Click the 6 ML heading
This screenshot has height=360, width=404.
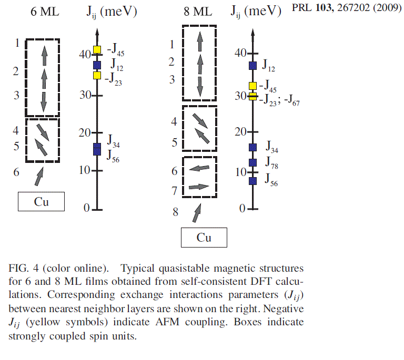point(41,12)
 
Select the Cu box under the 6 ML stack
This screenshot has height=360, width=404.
point(41,201)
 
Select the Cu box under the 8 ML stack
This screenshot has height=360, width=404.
point(204,238)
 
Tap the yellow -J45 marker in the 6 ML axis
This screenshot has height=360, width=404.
point(97,50)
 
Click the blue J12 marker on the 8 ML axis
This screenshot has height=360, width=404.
point(252,65)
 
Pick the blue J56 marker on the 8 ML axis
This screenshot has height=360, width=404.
point(252,181)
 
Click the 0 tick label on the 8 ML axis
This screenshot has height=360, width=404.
point(242,209)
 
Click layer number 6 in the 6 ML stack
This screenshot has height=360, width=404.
point(16,172)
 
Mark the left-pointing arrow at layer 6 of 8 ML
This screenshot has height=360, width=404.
point(199,168)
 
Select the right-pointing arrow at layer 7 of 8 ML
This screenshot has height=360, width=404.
point(199,186)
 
